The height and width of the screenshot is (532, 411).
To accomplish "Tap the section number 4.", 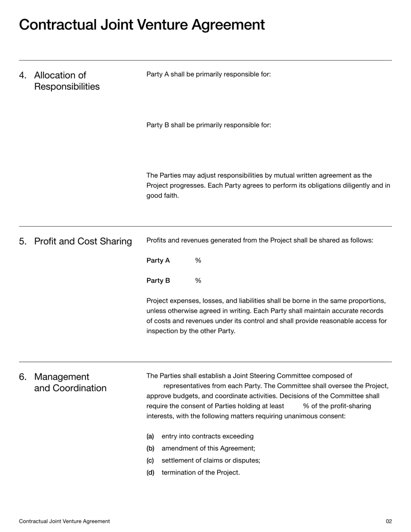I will click(23, 76).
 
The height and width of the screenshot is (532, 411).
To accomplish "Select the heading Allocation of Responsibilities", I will click(67, 81).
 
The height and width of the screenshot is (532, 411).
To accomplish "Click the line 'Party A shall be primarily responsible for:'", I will click(209, 74).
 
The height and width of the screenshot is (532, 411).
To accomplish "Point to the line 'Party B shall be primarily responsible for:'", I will click(209, 125).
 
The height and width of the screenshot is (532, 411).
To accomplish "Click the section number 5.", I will click(23, 241).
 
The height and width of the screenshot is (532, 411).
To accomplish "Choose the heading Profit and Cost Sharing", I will click(83, 241).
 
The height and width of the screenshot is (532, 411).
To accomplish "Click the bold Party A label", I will click(158, 261).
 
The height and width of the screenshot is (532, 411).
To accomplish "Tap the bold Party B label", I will click(158, 281).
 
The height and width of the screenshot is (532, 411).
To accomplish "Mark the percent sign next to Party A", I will click(198, 261).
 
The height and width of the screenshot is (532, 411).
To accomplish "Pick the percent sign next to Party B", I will click(198, 281).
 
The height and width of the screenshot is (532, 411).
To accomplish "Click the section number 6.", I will click(23, 377).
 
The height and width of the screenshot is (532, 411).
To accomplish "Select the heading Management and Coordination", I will click(70, 382).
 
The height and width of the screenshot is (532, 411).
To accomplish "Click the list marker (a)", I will click(150, 436).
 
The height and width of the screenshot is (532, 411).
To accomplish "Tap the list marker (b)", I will click(150, 448).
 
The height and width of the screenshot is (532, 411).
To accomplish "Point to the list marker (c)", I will click(150, 461).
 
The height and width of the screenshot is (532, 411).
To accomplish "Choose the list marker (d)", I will click(150, 472).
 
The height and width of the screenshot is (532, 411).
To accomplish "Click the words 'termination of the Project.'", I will click(200, 472).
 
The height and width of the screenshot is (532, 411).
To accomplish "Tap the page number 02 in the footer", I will click(388, 521).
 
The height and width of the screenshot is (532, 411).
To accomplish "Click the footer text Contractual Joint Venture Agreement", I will click(64, 521).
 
